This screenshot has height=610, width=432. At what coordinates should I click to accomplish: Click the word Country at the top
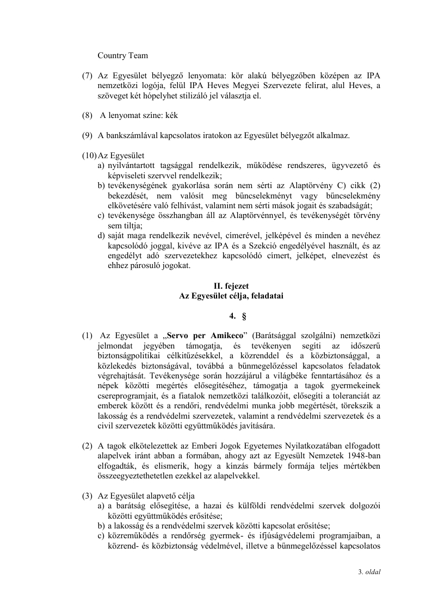tap(112, 55)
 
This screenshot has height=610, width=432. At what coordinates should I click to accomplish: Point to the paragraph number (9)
tap(87, 135)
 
